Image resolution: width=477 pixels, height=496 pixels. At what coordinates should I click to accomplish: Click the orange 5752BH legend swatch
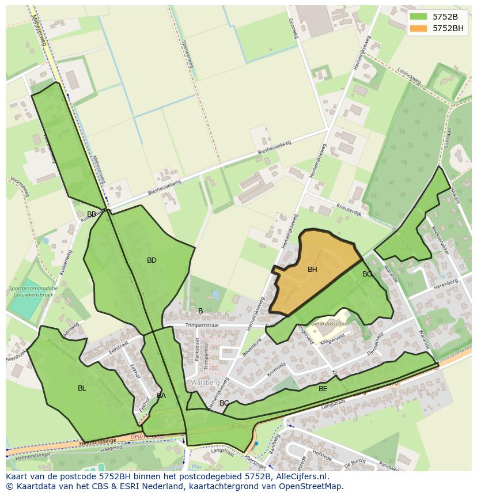tap(419, 28)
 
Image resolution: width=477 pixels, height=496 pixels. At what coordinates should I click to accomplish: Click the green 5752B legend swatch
tap(419, 16)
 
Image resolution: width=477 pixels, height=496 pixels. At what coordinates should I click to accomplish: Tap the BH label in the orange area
tap(312, 270)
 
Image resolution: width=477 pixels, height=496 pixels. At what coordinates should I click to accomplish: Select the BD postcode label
tap(152, 260)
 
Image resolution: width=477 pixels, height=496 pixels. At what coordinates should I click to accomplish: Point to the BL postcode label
tap(82, 388)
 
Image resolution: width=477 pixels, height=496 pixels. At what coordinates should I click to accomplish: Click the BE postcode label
tap(323, 389)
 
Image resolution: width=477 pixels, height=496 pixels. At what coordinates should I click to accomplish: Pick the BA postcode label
tap(161, 396)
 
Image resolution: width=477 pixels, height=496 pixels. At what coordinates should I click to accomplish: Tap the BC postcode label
tap(224, 403)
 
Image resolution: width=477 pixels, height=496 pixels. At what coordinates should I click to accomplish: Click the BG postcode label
tap(367, 274)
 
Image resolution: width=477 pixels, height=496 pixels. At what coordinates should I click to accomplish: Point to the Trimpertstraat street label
tap(203, 325)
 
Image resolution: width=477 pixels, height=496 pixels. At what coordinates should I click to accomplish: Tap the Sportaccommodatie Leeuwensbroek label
tap(33, 291)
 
